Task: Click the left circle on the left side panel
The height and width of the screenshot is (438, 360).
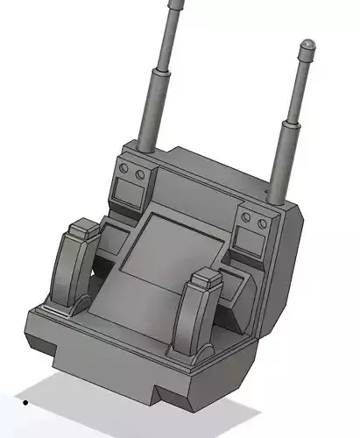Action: (x=124, y=168)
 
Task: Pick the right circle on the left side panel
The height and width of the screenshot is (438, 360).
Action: (x=139, y=174)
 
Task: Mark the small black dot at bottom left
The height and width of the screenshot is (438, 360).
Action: (x=25, y=403)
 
